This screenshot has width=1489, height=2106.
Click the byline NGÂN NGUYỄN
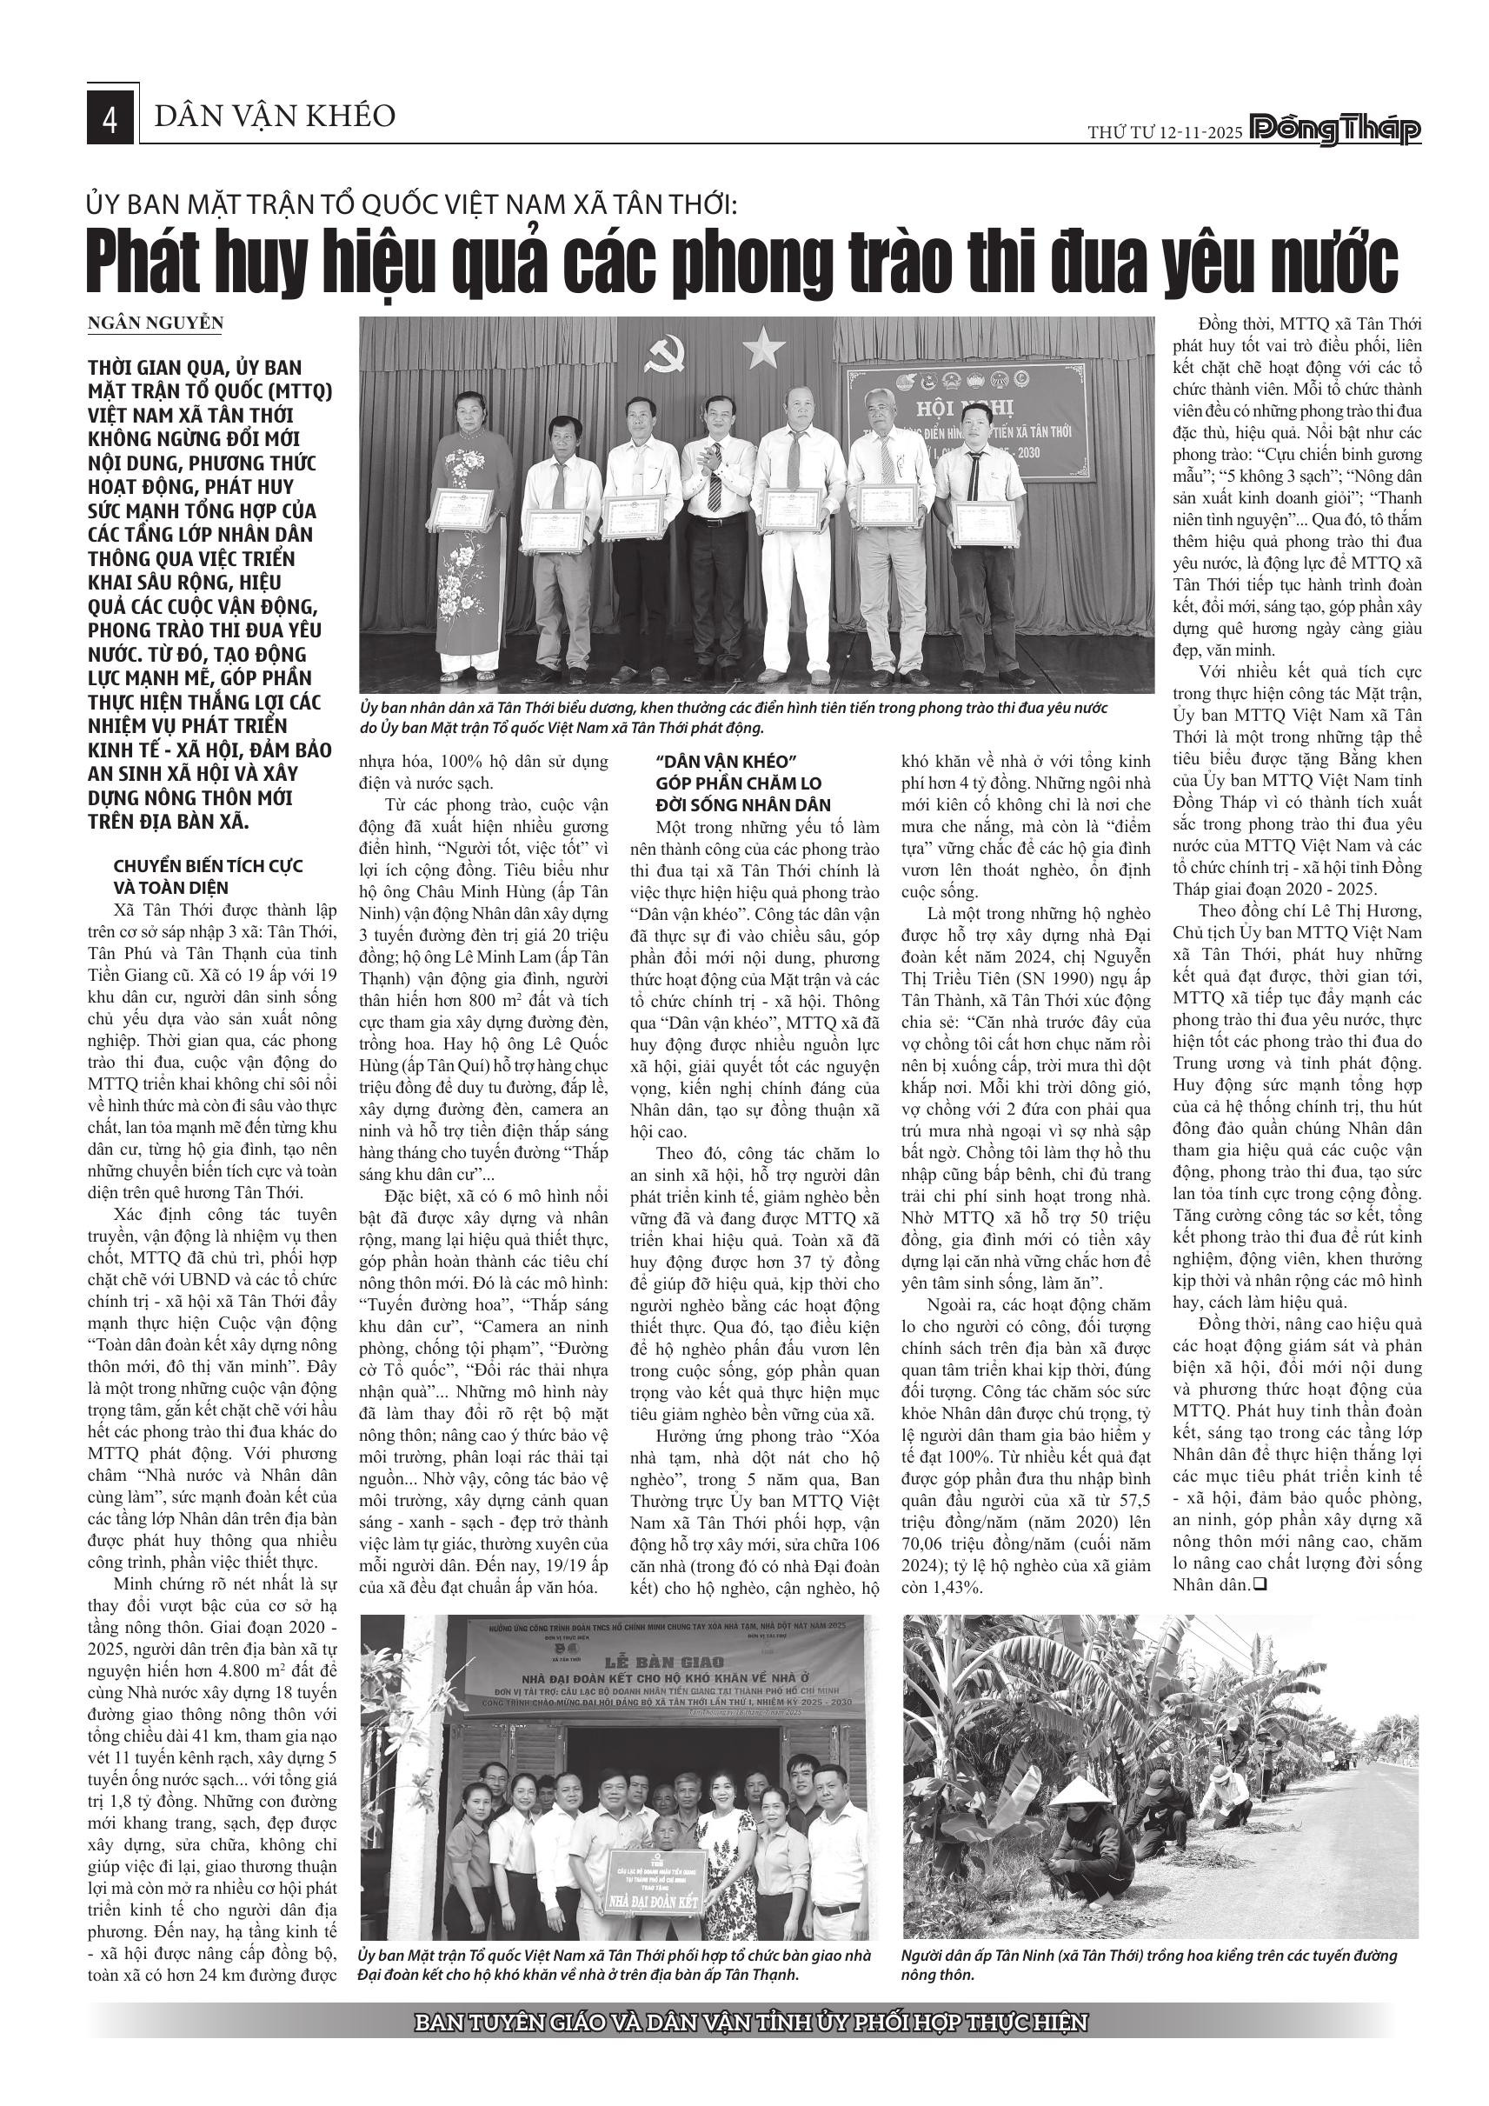[155, 323]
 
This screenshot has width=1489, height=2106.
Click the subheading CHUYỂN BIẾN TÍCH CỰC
[208, 867]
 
